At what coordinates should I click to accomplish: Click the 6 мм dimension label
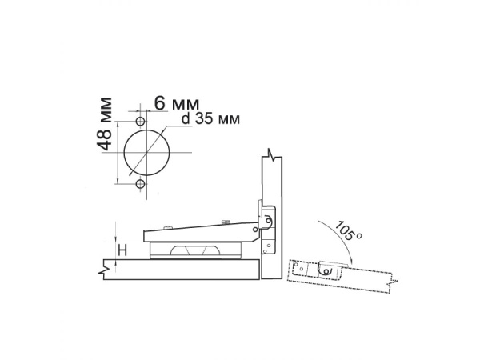(x=177, y=103)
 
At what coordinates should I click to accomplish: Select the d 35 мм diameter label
(x=210, y=118)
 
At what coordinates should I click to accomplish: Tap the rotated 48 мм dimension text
(x=105, y=124)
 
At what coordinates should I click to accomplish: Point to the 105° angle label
(x=348, y=230)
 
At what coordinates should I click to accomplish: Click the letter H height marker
(x=122, y=250)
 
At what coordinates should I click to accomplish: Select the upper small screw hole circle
(x=141, y=122)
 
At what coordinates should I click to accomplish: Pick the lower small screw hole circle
(x=141, y=184)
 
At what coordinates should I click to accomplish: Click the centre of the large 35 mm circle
(x=146, y=153)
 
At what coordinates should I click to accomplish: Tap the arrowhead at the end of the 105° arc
(x=352, y=261)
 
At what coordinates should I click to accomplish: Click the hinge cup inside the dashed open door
(x=327, y=269)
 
